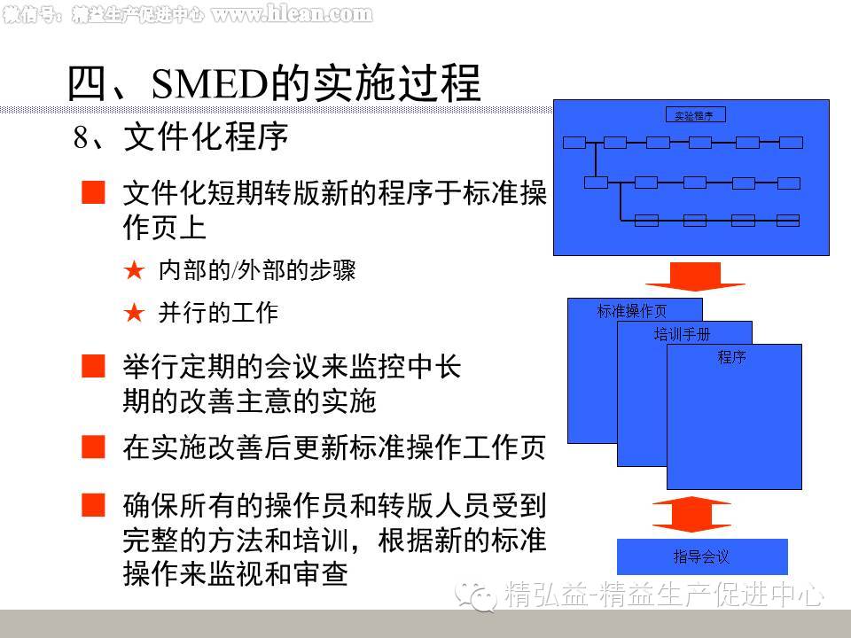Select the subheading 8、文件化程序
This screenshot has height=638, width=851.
click(181, 138)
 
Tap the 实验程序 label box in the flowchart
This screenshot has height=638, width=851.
click(695, 115)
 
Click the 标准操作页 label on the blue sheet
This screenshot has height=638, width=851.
click(631, 311)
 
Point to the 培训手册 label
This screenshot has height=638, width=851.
click(682, 334)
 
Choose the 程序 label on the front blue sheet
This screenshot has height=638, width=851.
click(732, 358)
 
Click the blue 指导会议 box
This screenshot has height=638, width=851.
click(701, 556)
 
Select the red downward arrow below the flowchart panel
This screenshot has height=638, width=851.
click(694, 276)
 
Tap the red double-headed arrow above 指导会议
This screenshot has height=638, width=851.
click(692, 515)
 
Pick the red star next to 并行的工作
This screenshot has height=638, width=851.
click(134, 313)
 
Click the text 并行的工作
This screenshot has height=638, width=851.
click(218, 313)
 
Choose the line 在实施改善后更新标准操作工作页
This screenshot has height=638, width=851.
click(333, 447)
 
